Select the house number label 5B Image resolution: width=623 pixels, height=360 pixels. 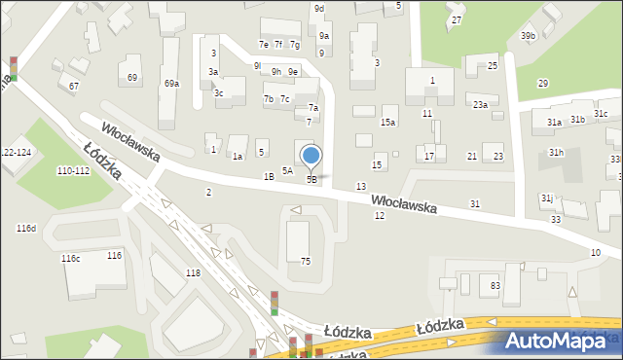tap(311, 179)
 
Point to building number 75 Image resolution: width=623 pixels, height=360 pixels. tap(305, 261)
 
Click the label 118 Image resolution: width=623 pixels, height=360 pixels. tap(193, 273)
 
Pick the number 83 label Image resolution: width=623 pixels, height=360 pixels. tap(495, 285)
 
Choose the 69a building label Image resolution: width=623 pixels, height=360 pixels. tap(171, 84)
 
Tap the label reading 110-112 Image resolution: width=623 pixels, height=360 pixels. tap(73, 170)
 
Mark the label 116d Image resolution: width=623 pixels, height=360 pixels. tap(26, 229)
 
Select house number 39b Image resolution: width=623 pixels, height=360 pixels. tap(528, 36)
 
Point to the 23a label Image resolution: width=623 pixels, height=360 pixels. tap(480, 104)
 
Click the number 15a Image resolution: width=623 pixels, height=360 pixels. tap(387, 122)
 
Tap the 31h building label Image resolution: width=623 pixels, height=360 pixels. tap(556, 153)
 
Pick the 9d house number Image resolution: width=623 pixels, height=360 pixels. tap(319, 9)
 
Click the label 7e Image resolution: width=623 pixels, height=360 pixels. tap(263, 45)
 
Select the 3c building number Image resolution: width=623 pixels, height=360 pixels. tap(219, 93)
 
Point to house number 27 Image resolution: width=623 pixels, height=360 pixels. tap(457, 20)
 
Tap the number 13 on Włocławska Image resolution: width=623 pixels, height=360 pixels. tap(361, 186)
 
